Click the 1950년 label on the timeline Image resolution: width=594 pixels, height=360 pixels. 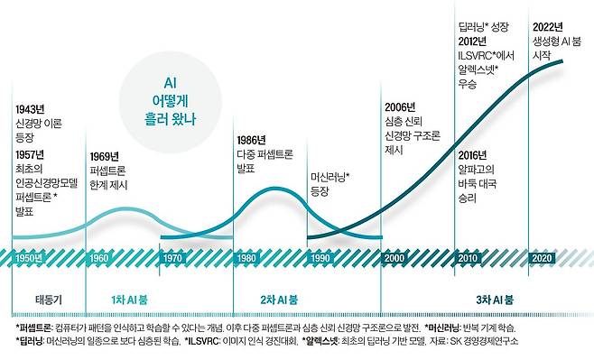[x=29, y=259]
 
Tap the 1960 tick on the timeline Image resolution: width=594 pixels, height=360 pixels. [x=100, y=259]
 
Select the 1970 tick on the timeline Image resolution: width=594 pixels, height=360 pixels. [x=173, y=259]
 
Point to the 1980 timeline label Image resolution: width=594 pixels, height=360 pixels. [x=246, y=259]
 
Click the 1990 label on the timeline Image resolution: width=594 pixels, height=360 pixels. [x=320, y=259]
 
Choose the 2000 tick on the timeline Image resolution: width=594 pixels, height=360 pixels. [x=394, y=259]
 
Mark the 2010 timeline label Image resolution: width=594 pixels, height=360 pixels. [x=468, y=259]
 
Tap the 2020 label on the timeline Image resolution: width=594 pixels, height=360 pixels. [x=542, y=259]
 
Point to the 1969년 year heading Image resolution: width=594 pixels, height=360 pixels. [x=107, y=153]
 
